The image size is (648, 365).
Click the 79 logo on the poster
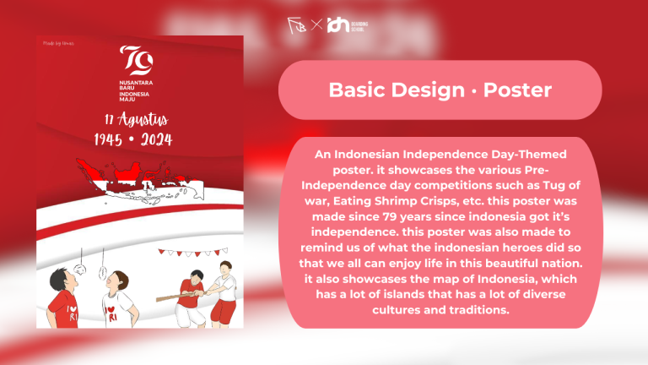pos(130,59)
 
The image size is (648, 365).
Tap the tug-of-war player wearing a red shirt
pos(194,296)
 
